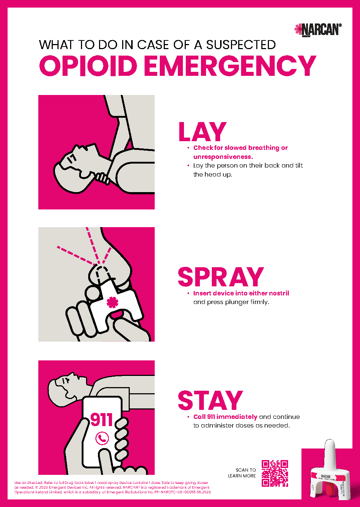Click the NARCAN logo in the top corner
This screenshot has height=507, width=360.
[x=318, y=30]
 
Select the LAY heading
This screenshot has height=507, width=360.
[x=202, y=132]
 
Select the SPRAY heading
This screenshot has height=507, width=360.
[x=220, y=277]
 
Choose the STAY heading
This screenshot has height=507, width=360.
[x=210, y=400]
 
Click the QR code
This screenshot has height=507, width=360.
[x=275, y=473]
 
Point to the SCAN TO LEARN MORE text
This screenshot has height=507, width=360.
[x=242, y=473]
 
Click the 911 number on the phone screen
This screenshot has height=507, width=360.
[x=102, y=420]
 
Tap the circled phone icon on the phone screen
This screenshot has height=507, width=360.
[x=102, y=438]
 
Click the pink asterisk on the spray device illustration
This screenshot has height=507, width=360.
[x=112, y=302]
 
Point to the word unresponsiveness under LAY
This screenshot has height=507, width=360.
[x=223, y=157]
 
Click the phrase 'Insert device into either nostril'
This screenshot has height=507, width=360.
[x=241, y=293]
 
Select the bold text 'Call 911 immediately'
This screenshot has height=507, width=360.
[x=225, y=417]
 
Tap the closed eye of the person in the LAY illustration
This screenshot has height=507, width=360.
[x=72, y=157]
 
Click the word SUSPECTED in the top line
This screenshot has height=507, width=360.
[x=241, y=45]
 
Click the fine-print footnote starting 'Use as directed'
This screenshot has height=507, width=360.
[x=112, y=487]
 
